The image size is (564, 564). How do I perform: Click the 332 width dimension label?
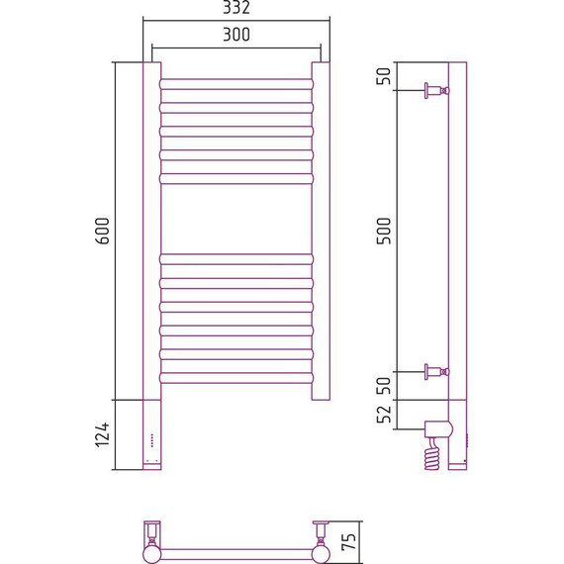(236, 7)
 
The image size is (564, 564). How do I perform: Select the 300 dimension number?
(236, 35)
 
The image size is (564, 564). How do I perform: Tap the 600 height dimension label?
(103, 231)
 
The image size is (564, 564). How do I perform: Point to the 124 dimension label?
(103, 434)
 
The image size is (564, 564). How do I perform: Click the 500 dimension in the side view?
(384, 231)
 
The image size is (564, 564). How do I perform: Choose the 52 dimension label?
(384, 414)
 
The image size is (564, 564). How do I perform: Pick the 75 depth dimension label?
(348, 541)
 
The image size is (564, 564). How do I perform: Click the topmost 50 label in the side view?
(384, 76)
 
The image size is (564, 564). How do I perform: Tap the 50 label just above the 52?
(384, 386)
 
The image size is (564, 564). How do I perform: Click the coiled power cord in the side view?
(432, 454)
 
